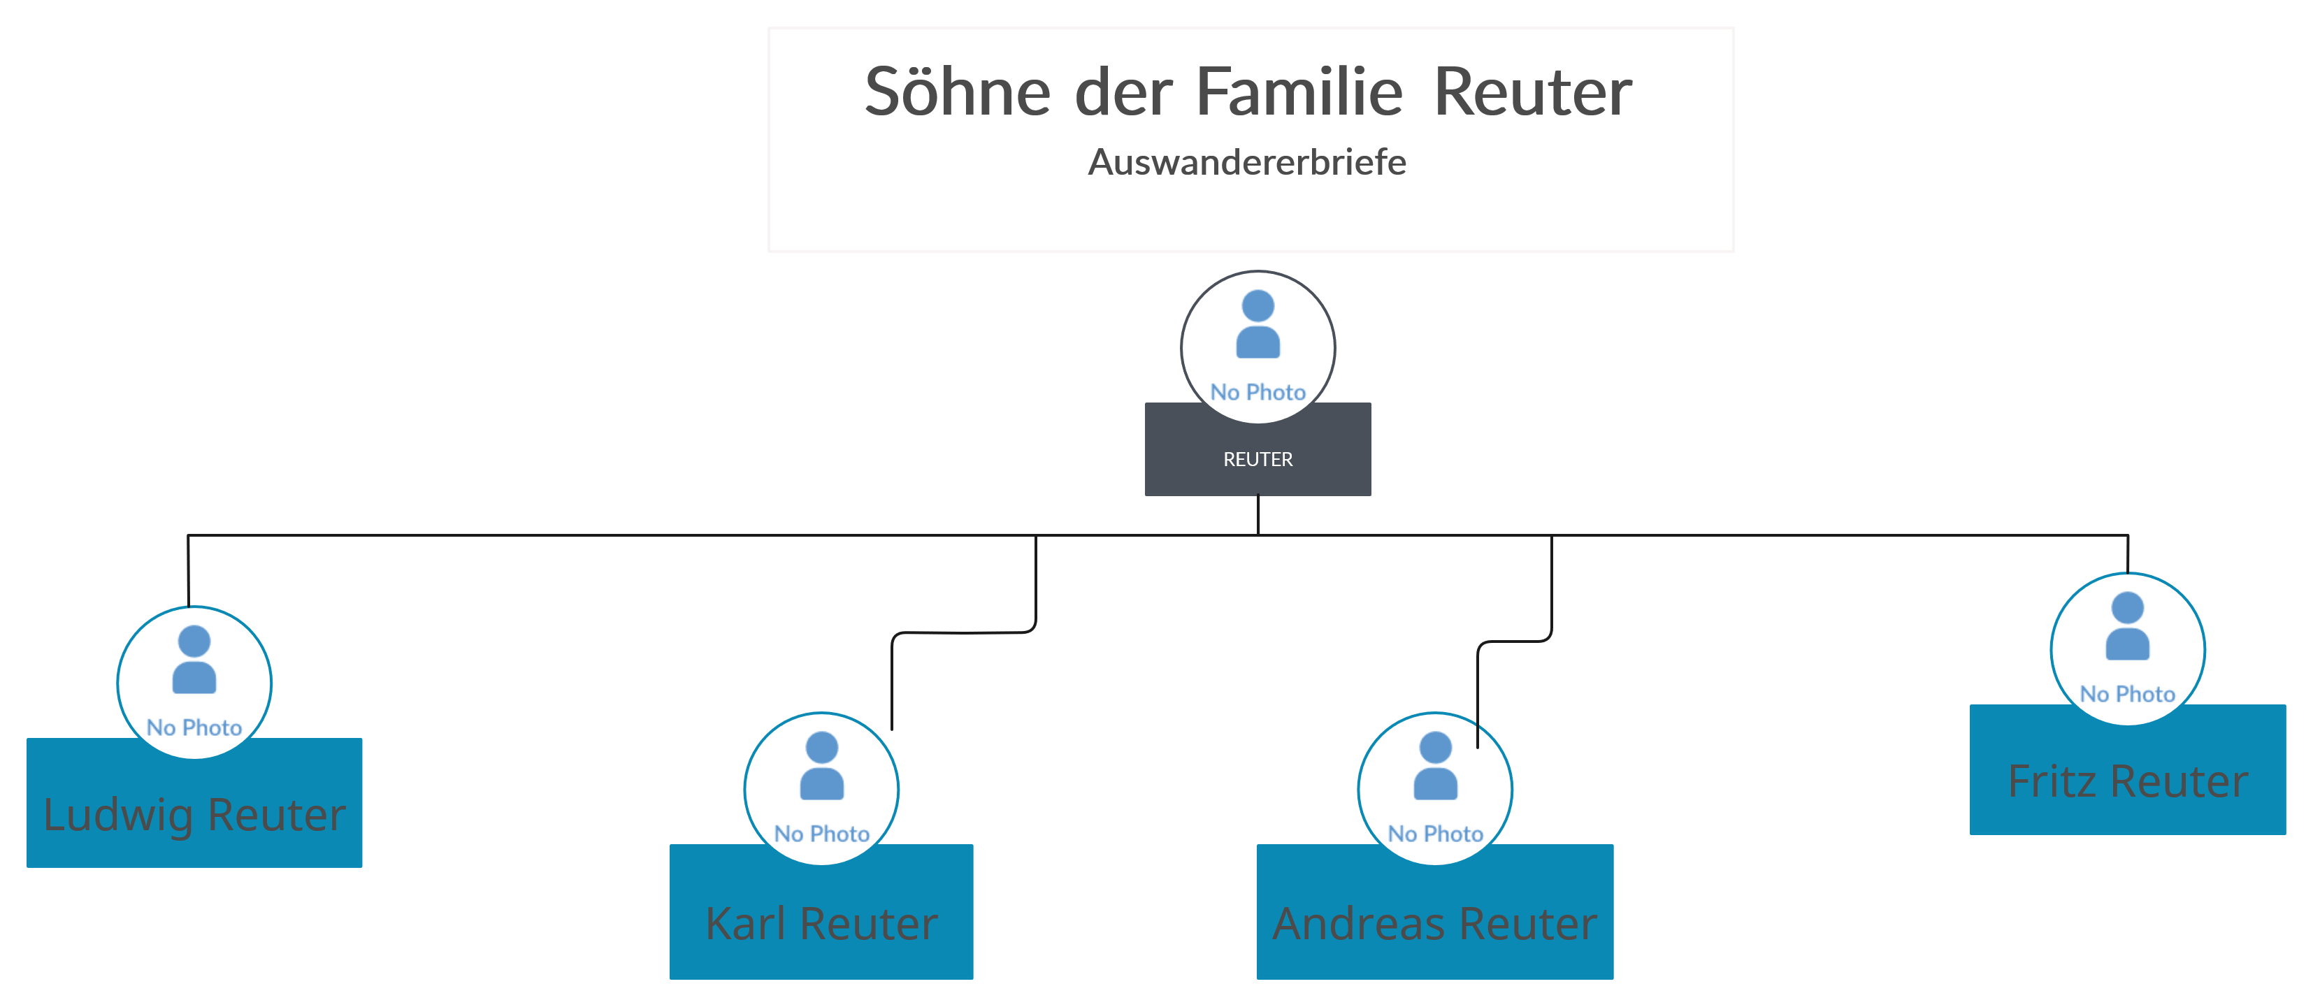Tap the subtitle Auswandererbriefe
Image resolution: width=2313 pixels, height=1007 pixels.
click(x=1247, y=162)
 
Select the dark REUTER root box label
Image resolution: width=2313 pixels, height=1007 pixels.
click(x=1258, y=460)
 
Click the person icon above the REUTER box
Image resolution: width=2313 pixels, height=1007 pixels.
click(x=1258, y=324)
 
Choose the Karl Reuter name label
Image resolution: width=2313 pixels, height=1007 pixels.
click(x=821, y=924)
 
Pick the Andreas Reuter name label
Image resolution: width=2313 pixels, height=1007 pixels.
click(x=1435, y=924)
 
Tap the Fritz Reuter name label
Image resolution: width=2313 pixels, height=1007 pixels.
click(x=2128, y=781)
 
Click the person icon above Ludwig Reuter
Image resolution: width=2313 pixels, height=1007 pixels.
click(x=194, y=660)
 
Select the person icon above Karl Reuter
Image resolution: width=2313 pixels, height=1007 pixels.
click(x=821, y=766)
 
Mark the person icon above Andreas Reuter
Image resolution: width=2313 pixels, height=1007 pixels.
click(x=1435, y=766)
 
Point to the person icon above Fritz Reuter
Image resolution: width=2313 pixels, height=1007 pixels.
click(x=2128, y=626)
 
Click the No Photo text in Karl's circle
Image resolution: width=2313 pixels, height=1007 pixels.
click(x=821, y=834)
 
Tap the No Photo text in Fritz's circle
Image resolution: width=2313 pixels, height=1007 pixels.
click(x=2128, y=694)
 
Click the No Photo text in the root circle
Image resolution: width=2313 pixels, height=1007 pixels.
click(x=1258, y=392)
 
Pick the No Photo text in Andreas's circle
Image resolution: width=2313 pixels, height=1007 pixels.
click(x=1435, y=834)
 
